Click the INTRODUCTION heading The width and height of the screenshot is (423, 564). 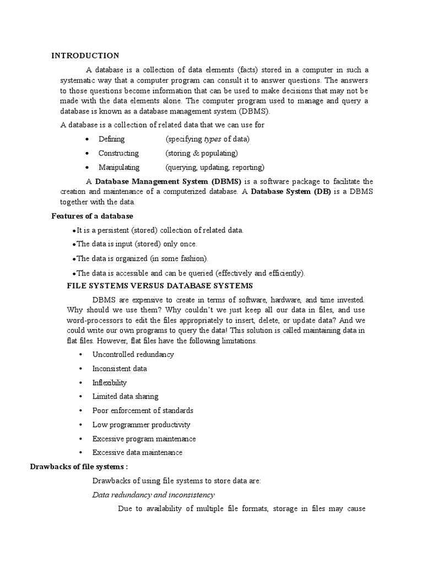point(85,56)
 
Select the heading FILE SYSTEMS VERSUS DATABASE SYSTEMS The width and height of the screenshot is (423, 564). point(160,285)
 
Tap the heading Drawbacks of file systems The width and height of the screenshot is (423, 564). point(82,467)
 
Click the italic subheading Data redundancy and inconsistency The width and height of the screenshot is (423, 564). point(153,495)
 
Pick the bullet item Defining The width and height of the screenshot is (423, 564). point(111,139)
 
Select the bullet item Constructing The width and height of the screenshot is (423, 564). point(118,153)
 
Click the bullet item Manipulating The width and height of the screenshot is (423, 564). point(119,167)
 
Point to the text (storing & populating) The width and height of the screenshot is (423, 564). point(202,153)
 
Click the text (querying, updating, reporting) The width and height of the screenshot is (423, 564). point(215,167)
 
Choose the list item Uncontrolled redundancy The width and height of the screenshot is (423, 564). point(133,354)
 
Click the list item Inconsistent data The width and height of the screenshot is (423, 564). point(120,368)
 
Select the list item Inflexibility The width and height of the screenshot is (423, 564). point(110,383)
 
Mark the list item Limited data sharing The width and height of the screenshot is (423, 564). point(125,397)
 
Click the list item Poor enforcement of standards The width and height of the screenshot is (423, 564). point(143,411)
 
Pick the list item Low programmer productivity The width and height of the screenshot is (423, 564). point(141,425)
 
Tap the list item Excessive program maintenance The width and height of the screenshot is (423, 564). point(144,439)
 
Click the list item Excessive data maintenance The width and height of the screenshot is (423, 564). point(137,453)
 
